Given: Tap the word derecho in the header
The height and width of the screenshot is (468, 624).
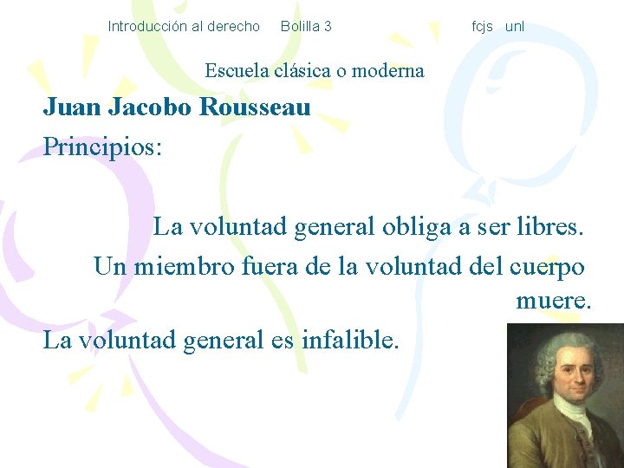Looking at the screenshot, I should (233, 26).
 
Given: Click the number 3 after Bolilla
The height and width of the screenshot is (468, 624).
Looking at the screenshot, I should (328, 26).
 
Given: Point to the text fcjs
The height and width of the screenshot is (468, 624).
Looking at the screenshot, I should (482, 26).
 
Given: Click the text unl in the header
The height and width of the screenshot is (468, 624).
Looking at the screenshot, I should (515, 26).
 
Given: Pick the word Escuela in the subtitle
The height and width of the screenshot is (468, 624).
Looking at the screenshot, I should (237, 70).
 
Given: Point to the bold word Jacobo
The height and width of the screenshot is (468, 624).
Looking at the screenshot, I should (152, 107).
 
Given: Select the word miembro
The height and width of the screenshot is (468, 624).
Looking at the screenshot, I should (184, 265).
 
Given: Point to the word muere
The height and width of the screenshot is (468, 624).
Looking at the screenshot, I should (553, 302).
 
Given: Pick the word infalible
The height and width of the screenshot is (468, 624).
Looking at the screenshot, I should (350, 340).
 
